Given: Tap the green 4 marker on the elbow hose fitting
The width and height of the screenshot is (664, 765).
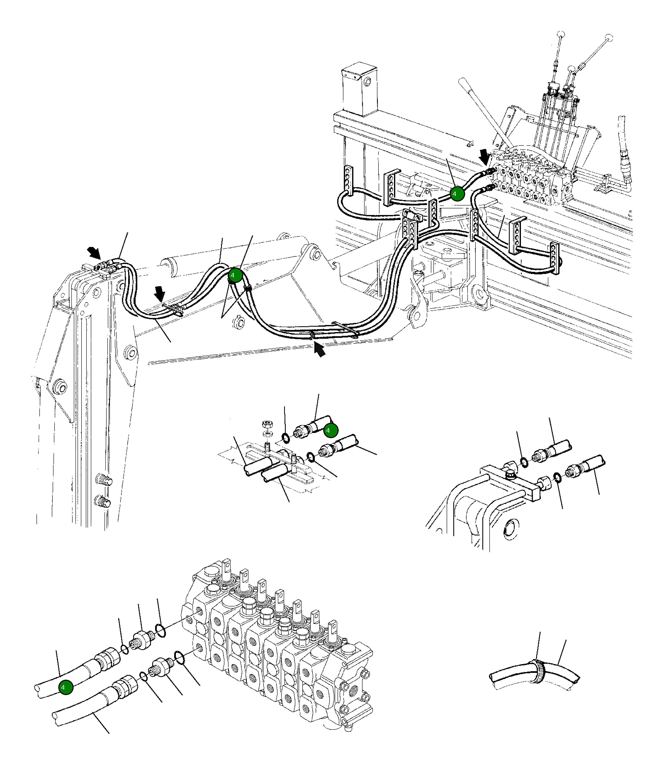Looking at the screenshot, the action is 331,430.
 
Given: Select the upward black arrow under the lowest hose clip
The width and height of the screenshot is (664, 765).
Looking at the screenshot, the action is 319,349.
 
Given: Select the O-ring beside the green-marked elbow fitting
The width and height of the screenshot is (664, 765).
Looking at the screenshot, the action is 286,438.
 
